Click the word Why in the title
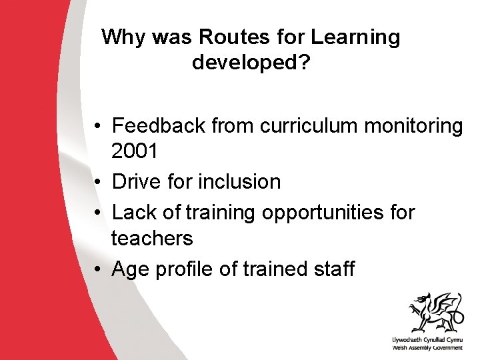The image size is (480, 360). [x=125, y=37]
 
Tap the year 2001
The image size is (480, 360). [x=135, y=151]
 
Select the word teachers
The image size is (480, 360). [x=152, y=237]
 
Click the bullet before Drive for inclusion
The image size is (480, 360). [x=97, y=182]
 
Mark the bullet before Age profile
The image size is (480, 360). [x=97, y=269]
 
